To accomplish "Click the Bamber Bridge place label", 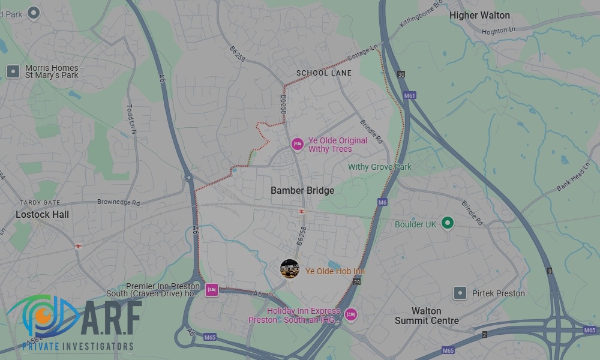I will pyautogui.click(x=302, y=190).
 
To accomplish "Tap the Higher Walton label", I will pyautogui.click(x=479, y=16).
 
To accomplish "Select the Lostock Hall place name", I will pyautogui.click(x=42, y=214).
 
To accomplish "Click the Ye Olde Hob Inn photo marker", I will pyautogui.click(x=290, y=269).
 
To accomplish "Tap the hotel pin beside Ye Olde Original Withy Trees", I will pyautogui.click(x=297, y=144).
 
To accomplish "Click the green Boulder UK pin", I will pyautogui.click(x=446, y=224).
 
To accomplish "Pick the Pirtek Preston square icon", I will pyautogui.click(x=460, y=293).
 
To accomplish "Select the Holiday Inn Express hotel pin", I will pyautogui.click(x=350, y=314).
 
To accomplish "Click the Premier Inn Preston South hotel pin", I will pyautogui.click(x=211, y=290).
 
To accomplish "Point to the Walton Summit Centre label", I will pyautogui.click(x=427, y=316).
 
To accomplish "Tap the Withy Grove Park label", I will pyautogui.click(x=380, y=167).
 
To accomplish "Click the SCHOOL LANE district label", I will pyautogui.click(x=324, y=73).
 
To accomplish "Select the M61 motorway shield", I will pyautogui.click(x=410, y=95).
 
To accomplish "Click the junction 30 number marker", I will pyautogui.click(x=401, y=74).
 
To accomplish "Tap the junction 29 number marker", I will pyautogui.click(x=358, y=281).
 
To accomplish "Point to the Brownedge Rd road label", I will pyautogui.click(x=118, y=203).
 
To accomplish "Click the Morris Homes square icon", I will pyautogui.click(x=13, y=72).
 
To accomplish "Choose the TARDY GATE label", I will pyautogui.click(x=40, y=203).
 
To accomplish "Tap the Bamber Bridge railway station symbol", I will pyautogui.click(x=301, y=212).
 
